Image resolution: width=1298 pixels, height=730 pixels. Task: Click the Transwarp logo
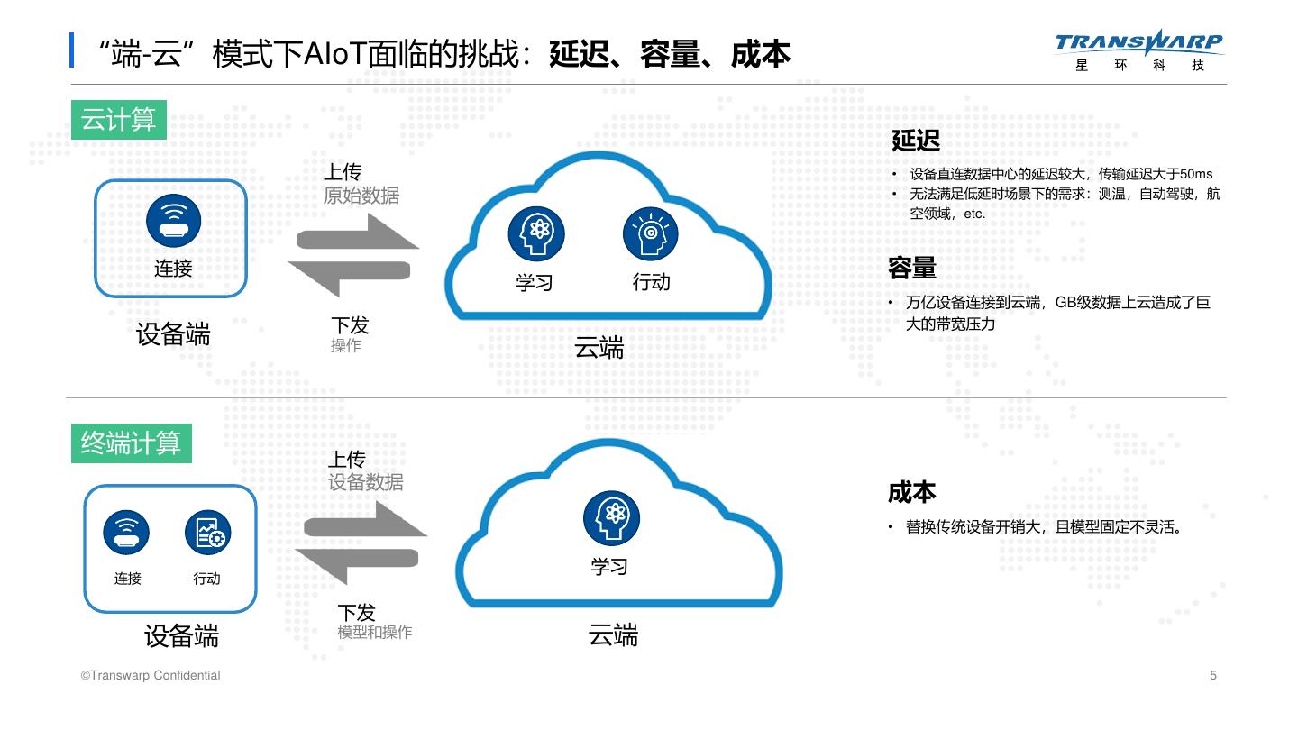pyautogui.click(x=1138, y=50)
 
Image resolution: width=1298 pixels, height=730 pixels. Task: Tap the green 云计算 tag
pyautogui.click(x=119, y=120)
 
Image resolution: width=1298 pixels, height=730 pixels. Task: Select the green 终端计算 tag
pyautogui.click(x=132, y=443)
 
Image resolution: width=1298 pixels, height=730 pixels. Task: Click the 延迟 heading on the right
pyautogui.click(x=916, y=141)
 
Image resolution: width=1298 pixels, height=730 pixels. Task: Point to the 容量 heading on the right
pyautogui.click(x=912, y=268)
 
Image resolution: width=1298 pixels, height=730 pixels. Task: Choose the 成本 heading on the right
pyautogui.click(x=912, y=492)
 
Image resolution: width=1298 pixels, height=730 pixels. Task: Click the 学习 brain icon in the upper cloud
pyautogui.click(x=535, y=233)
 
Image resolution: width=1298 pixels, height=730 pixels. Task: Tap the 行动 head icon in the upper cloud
pyautogui.click(x=650, y=233)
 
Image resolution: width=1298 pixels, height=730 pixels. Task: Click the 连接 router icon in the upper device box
pyautogui.click(x=173, y=221)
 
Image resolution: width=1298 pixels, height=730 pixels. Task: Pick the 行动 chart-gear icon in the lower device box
pyautogui.click(x=207, y=532)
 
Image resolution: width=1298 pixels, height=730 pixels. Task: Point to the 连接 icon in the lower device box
pyautogui.click(x=126, y=532)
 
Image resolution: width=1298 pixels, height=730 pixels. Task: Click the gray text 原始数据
pyautogui.click(x=361, y=196)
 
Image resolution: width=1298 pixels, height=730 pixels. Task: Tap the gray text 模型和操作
pyautogui.click(x=375, y=633)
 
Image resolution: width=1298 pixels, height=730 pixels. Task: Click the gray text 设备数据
pyautogui.click(x=366, y=483)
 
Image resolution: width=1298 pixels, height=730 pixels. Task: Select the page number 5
pyautogui.click(x=1213, y=675)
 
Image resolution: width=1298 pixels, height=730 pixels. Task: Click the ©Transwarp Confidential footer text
pyautogui.click(x=151, y=675)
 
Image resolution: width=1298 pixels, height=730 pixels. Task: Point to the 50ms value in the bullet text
pyautogui.click(x=1196, y=174)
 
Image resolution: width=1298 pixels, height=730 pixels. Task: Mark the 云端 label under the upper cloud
pyautogui.click(x=599, y=348)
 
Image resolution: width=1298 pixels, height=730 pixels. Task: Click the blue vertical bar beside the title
pyautogui.click(x=72, y=50)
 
